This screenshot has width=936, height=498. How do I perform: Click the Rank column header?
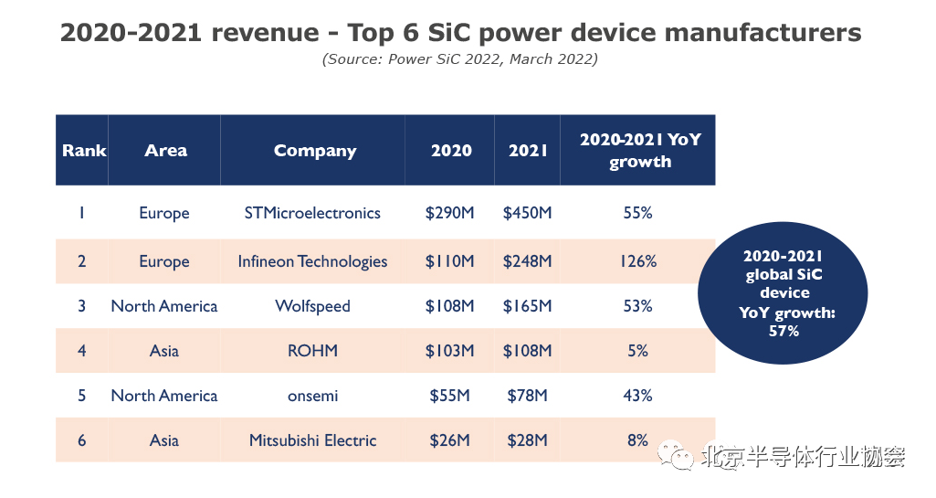[84, 151]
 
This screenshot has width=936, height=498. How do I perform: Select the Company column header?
[315, 151]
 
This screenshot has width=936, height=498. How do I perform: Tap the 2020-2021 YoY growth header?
[639, 151]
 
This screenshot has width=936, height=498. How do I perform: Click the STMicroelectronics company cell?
[312, 213]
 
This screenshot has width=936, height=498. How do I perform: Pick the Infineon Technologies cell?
[312, 261]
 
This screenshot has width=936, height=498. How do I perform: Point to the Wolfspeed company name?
[312, 306]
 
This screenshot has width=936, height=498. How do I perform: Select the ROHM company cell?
[312, 351]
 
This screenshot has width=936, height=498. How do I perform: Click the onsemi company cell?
[312, 396]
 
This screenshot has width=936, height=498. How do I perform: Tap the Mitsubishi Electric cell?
[312, 440]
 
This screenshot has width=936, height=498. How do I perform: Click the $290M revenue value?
[449, 213]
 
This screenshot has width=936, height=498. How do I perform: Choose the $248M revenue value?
[527, 261]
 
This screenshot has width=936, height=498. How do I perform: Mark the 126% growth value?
[637, 261]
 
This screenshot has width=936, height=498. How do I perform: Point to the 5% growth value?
[637, 351]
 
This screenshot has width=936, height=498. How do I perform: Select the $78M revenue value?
[527, 396]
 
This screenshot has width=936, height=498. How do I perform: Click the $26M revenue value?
[449, 440]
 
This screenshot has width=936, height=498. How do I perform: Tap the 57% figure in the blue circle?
[784, 331]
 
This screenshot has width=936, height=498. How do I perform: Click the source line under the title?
[459, 59]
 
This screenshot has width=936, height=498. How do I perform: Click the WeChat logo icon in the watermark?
[680, 454]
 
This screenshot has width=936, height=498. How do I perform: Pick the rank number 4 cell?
[81, 351]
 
